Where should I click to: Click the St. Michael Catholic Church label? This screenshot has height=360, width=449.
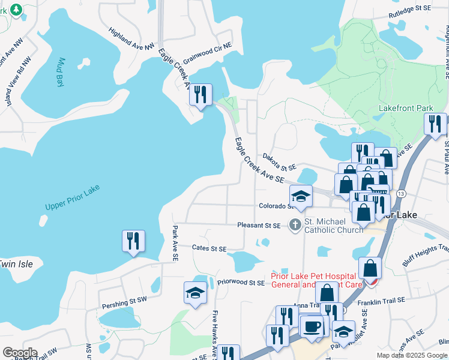[x=333, y=226]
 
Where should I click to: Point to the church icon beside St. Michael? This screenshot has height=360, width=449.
[x=295, y=226]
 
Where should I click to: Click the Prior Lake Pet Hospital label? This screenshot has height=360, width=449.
[x=316, y=280]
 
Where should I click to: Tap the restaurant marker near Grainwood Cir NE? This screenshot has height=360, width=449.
[x=200, y=95]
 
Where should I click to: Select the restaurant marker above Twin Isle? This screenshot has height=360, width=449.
[x=133, y=241]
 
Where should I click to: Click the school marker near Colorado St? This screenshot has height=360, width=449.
[x=301, y=196]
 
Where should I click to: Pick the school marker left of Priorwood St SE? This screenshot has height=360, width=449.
[x=195, y=293]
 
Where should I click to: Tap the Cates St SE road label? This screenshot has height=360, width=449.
[x=209, y=248]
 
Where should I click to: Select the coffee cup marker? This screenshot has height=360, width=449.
[x=312, y=326]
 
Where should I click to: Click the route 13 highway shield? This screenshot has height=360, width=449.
[x=401, y=193]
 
